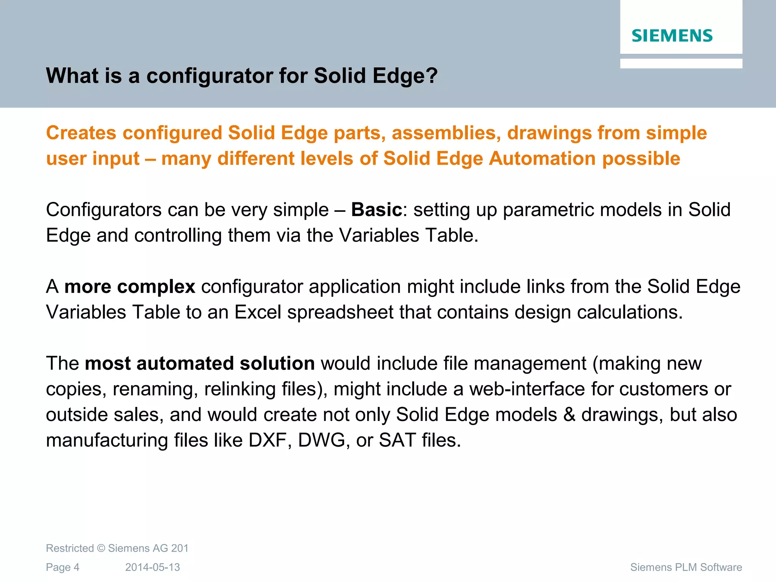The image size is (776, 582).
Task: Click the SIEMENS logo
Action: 672,36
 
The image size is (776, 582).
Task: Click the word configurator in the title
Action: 209,75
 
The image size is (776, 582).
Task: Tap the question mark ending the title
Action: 432,75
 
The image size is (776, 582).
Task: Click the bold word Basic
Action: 376,210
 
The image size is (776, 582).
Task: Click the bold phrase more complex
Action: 130,286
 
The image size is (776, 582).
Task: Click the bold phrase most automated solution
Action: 200,363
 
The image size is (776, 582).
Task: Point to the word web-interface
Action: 527,389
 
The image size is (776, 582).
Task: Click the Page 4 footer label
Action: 63,567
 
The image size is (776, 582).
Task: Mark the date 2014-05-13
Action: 152,567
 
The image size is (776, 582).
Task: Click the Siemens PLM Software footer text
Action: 686,567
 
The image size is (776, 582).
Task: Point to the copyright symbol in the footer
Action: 101,548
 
